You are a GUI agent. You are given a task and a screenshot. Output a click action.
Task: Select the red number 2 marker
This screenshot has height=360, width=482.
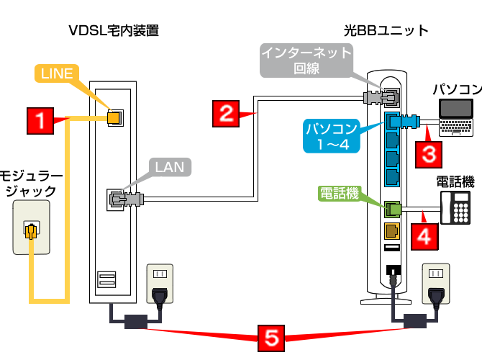[x=226, y=113]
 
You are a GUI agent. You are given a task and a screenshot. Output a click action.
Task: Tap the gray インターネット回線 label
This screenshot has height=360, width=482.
[x=306, y=60]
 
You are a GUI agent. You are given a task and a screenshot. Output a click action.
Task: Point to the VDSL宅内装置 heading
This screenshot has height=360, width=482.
[x=113, y=30]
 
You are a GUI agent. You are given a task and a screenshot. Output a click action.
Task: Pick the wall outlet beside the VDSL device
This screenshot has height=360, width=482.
[x=161, y=284]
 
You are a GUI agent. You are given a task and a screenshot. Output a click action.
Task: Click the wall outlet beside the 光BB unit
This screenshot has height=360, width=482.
[x=435, y=284]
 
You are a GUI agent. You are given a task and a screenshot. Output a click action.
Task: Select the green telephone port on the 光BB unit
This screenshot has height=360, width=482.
[x=392, y=209]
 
